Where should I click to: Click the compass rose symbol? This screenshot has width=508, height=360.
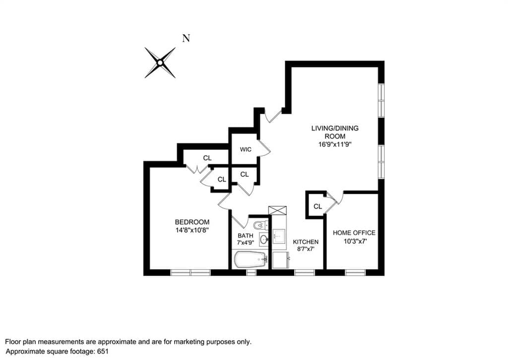(160, 63)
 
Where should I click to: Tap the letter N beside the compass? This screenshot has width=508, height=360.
(187, 38)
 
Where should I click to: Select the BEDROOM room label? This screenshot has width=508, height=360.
(192, 222)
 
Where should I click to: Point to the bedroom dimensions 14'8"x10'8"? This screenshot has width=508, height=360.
(192, 230)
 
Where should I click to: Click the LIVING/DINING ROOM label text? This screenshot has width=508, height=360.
(335, 132)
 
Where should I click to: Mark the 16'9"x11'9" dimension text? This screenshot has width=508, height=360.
(335, 144)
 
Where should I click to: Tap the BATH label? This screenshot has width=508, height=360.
(246, 236)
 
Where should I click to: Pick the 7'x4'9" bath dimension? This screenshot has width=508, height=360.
(246, 243)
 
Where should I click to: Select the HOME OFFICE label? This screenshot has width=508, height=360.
(354, 233)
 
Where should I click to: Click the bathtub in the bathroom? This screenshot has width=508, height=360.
(250, 260)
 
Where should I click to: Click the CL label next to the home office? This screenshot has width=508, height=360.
(318, 206)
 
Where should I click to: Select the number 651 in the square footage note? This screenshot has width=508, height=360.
(102, 351)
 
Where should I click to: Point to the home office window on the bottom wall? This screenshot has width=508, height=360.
(355, 272)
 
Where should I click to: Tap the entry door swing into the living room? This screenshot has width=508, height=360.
(272, 115)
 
